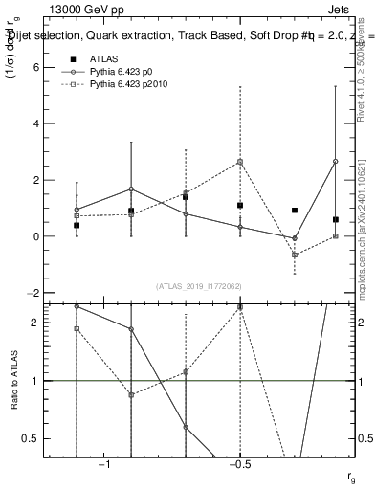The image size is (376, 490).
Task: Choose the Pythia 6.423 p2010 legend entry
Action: click(x=124, y=85)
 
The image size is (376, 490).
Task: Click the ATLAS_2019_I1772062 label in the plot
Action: click(x=198, y=286)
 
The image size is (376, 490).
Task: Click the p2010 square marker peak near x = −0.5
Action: click(x=240, y=162)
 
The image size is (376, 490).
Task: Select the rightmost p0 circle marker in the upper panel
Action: click(x=335, y=161)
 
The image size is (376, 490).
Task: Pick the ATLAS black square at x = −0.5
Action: click(x=240, y=206)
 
